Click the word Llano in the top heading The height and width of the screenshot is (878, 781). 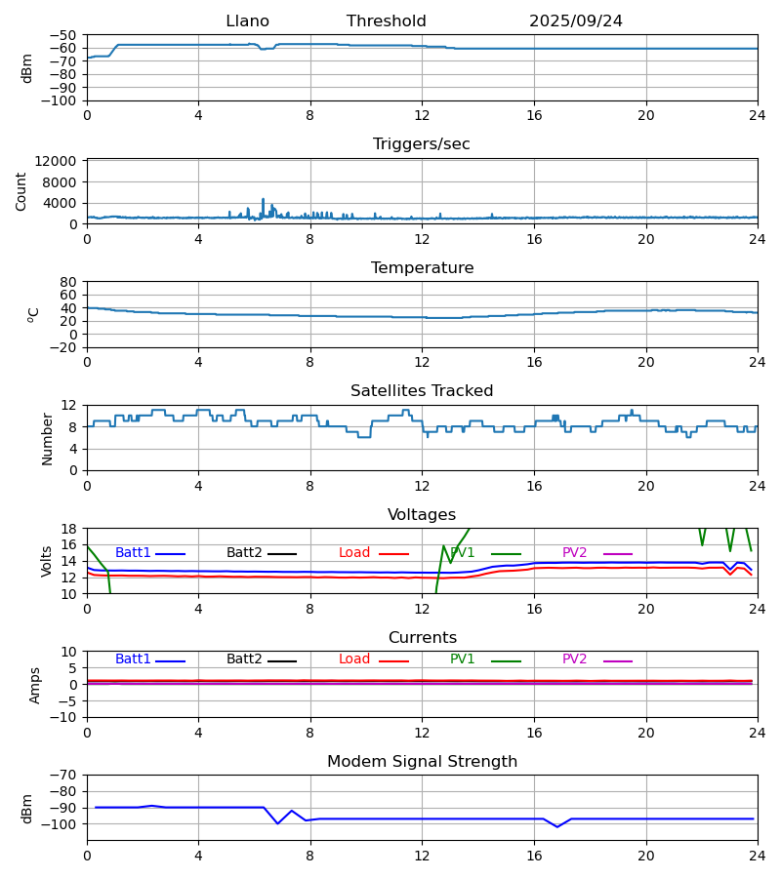(x=247, y=21)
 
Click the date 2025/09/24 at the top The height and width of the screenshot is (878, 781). (x=575, y=21)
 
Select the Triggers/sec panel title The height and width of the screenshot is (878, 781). (x=421, y=144)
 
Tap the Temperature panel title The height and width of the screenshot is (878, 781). (x=422, y=268)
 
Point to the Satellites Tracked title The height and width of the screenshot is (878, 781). (x=422, y=391)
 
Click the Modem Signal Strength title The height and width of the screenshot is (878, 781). (x=422, y=762)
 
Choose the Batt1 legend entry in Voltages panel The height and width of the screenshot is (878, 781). (x=133, y=553)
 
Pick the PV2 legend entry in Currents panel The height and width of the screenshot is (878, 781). (x=574, y=659)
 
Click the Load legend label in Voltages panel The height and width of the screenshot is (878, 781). (x=354, y=553)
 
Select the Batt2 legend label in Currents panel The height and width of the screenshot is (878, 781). (x=244, y=659)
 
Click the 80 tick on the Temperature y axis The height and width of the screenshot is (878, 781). (x=68, y=282)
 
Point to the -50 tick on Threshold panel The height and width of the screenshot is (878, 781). (x=63, y=35)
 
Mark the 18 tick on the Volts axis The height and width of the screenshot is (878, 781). (x=69, y=529)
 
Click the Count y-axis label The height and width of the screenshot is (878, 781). (x=21, y=191)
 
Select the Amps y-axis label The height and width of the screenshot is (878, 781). (x=36, y=685)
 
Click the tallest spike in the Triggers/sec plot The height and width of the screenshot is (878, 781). (x=263, y=199)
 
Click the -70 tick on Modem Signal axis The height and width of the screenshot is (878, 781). (x=63, y=775)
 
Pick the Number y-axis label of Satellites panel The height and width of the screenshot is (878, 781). (x=48, y=438)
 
